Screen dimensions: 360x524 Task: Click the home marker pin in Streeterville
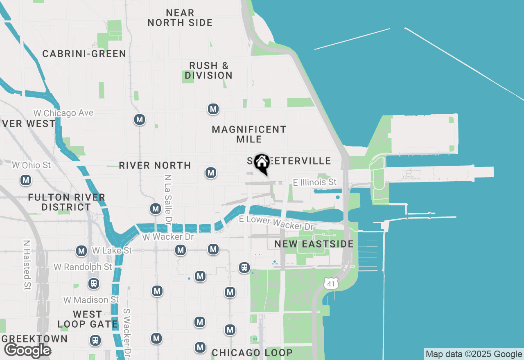point(261,163)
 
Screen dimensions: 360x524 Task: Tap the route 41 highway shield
point(330,283)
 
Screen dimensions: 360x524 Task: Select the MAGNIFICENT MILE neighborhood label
point(249,134)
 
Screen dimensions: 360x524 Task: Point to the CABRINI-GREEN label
point(84,54)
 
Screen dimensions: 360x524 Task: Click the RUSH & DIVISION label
point(208,70)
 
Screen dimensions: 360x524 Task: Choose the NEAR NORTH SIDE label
point(180,18)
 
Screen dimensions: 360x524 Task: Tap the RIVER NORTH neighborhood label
point(155,165)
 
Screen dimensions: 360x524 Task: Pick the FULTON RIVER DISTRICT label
point(66,202)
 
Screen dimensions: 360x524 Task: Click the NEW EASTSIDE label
point(314,244)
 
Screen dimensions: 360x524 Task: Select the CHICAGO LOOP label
point(252,353)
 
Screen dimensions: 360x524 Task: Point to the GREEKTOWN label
point(34,339)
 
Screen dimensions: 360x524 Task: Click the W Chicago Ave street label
point(63,113)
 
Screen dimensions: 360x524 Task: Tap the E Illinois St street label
point(315,182)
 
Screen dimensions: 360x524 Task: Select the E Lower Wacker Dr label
point(276,223)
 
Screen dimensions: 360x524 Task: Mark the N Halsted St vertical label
point(27,264)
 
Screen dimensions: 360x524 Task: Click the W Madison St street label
point(91,300)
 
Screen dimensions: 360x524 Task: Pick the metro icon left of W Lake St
point(81,251)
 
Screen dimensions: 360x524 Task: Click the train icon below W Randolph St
point(94,283)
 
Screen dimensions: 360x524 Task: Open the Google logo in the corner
point(27,351)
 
